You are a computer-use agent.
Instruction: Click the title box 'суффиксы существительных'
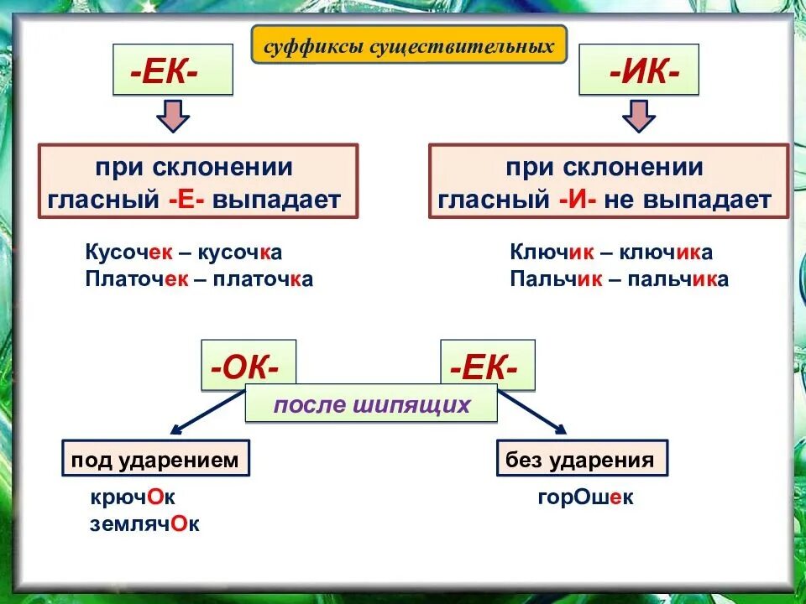click(x=409, y=44)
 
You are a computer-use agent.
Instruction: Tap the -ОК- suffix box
click(x=249, y=365)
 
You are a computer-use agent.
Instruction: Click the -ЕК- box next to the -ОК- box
click(x=488, y=365)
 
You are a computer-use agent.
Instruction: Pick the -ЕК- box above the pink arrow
click(x=173, y=70)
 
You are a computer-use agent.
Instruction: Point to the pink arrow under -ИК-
click(x=639, y=115)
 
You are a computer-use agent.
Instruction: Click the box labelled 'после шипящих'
click(x=371, y=405)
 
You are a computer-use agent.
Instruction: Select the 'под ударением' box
click(x=155, y=460)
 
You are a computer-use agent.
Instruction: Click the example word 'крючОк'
click(x=133, y=497)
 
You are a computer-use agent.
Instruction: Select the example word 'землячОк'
click(x=144, y=524)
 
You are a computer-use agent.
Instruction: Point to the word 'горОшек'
click(x=585, y=497)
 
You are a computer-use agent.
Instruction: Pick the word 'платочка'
click(x=263, y=279)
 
